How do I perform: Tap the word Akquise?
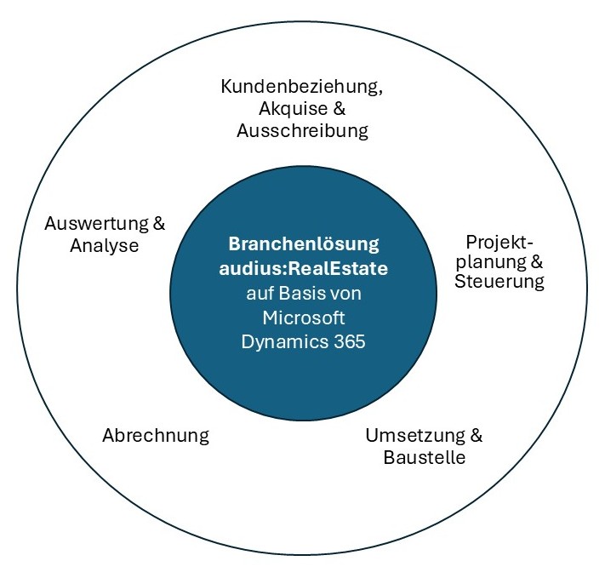pos(288,109)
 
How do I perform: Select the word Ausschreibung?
pos(303,131)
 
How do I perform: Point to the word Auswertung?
pos(96,225)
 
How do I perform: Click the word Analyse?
pos(104,246)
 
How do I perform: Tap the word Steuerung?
pos(499,281)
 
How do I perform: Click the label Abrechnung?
pos(155,436)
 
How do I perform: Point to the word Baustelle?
pos(424,457)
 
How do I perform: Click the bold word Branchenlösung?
pos(303,244)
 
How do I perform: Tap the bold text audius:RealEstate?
pos(303,267)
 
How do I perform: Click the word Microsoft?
pos(303,317)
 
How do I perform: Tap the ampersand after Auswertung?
pos(158,225)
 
